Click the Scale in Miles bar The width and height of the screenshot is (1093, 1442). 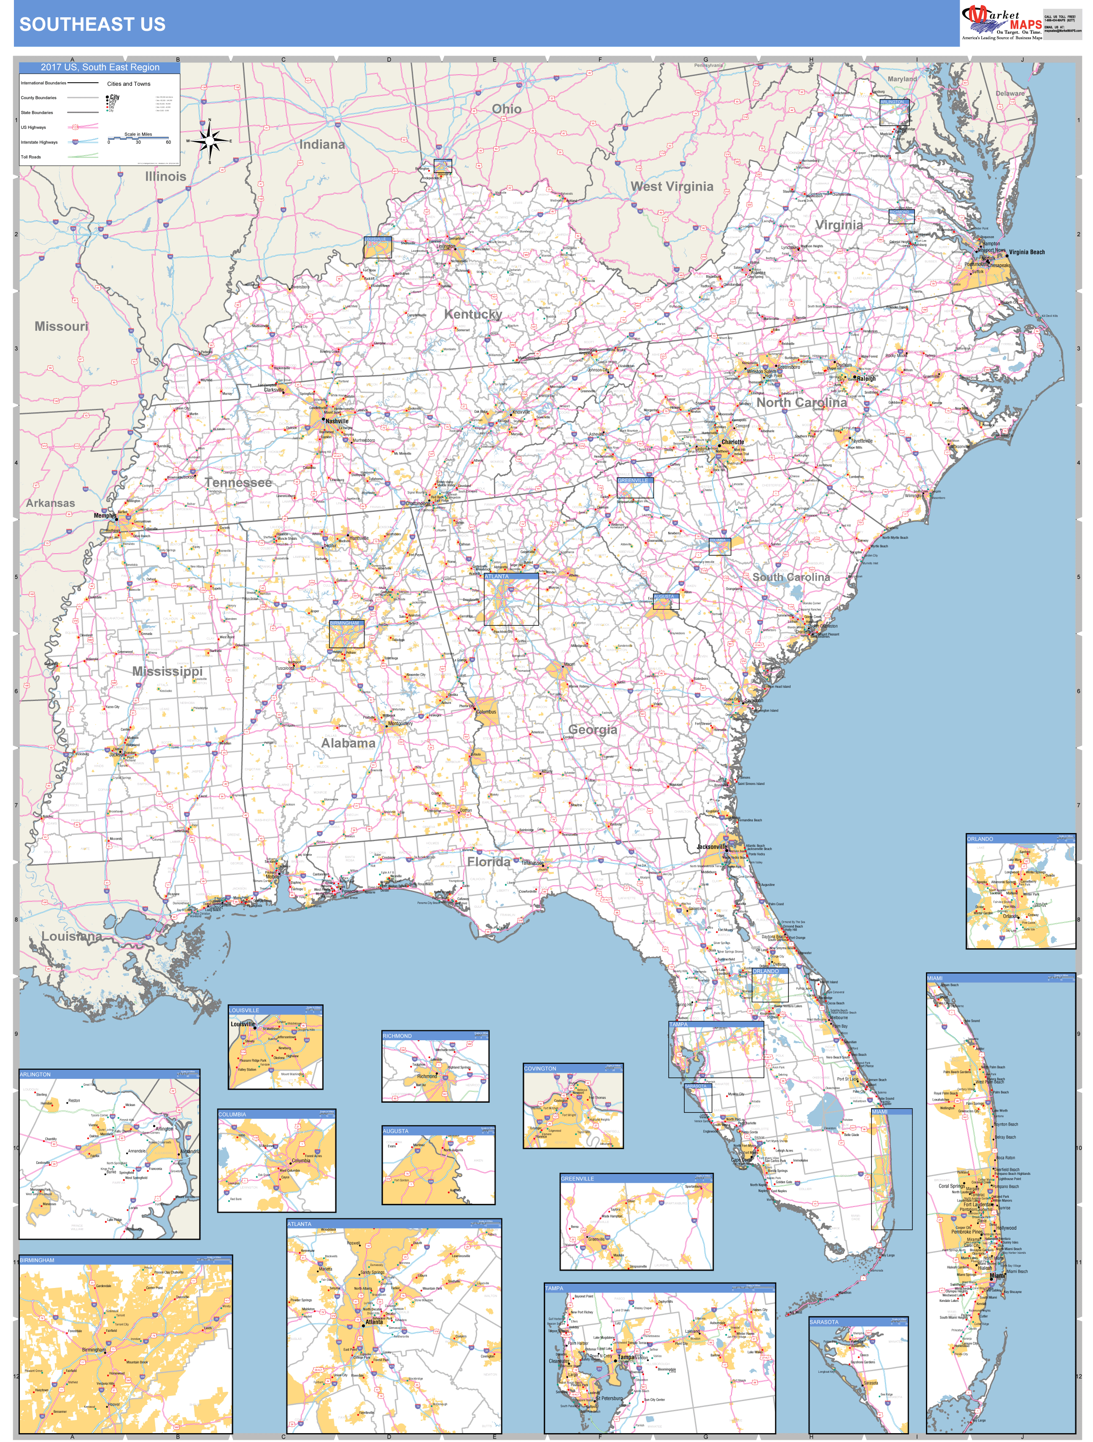coord(138,138)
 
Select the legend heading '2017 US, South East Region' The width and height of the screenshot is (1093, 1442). coord(100,67)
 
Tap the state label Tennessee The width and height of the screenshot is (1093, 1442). coord(238,482)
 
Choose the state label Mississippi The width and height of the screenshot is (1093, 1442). coord(167,671)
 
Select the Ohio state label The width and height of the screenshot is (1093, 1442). coord(506,109)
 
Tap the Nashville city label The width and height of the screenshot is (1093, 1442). coord(337,421)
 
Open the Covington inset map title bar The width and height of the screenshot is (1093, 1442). coord(573,1069)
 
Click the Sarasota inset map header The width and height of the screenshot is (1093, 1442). coord(858,1321)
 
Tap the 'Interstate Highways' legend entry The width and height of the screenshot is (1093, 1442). coord(39,142)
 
